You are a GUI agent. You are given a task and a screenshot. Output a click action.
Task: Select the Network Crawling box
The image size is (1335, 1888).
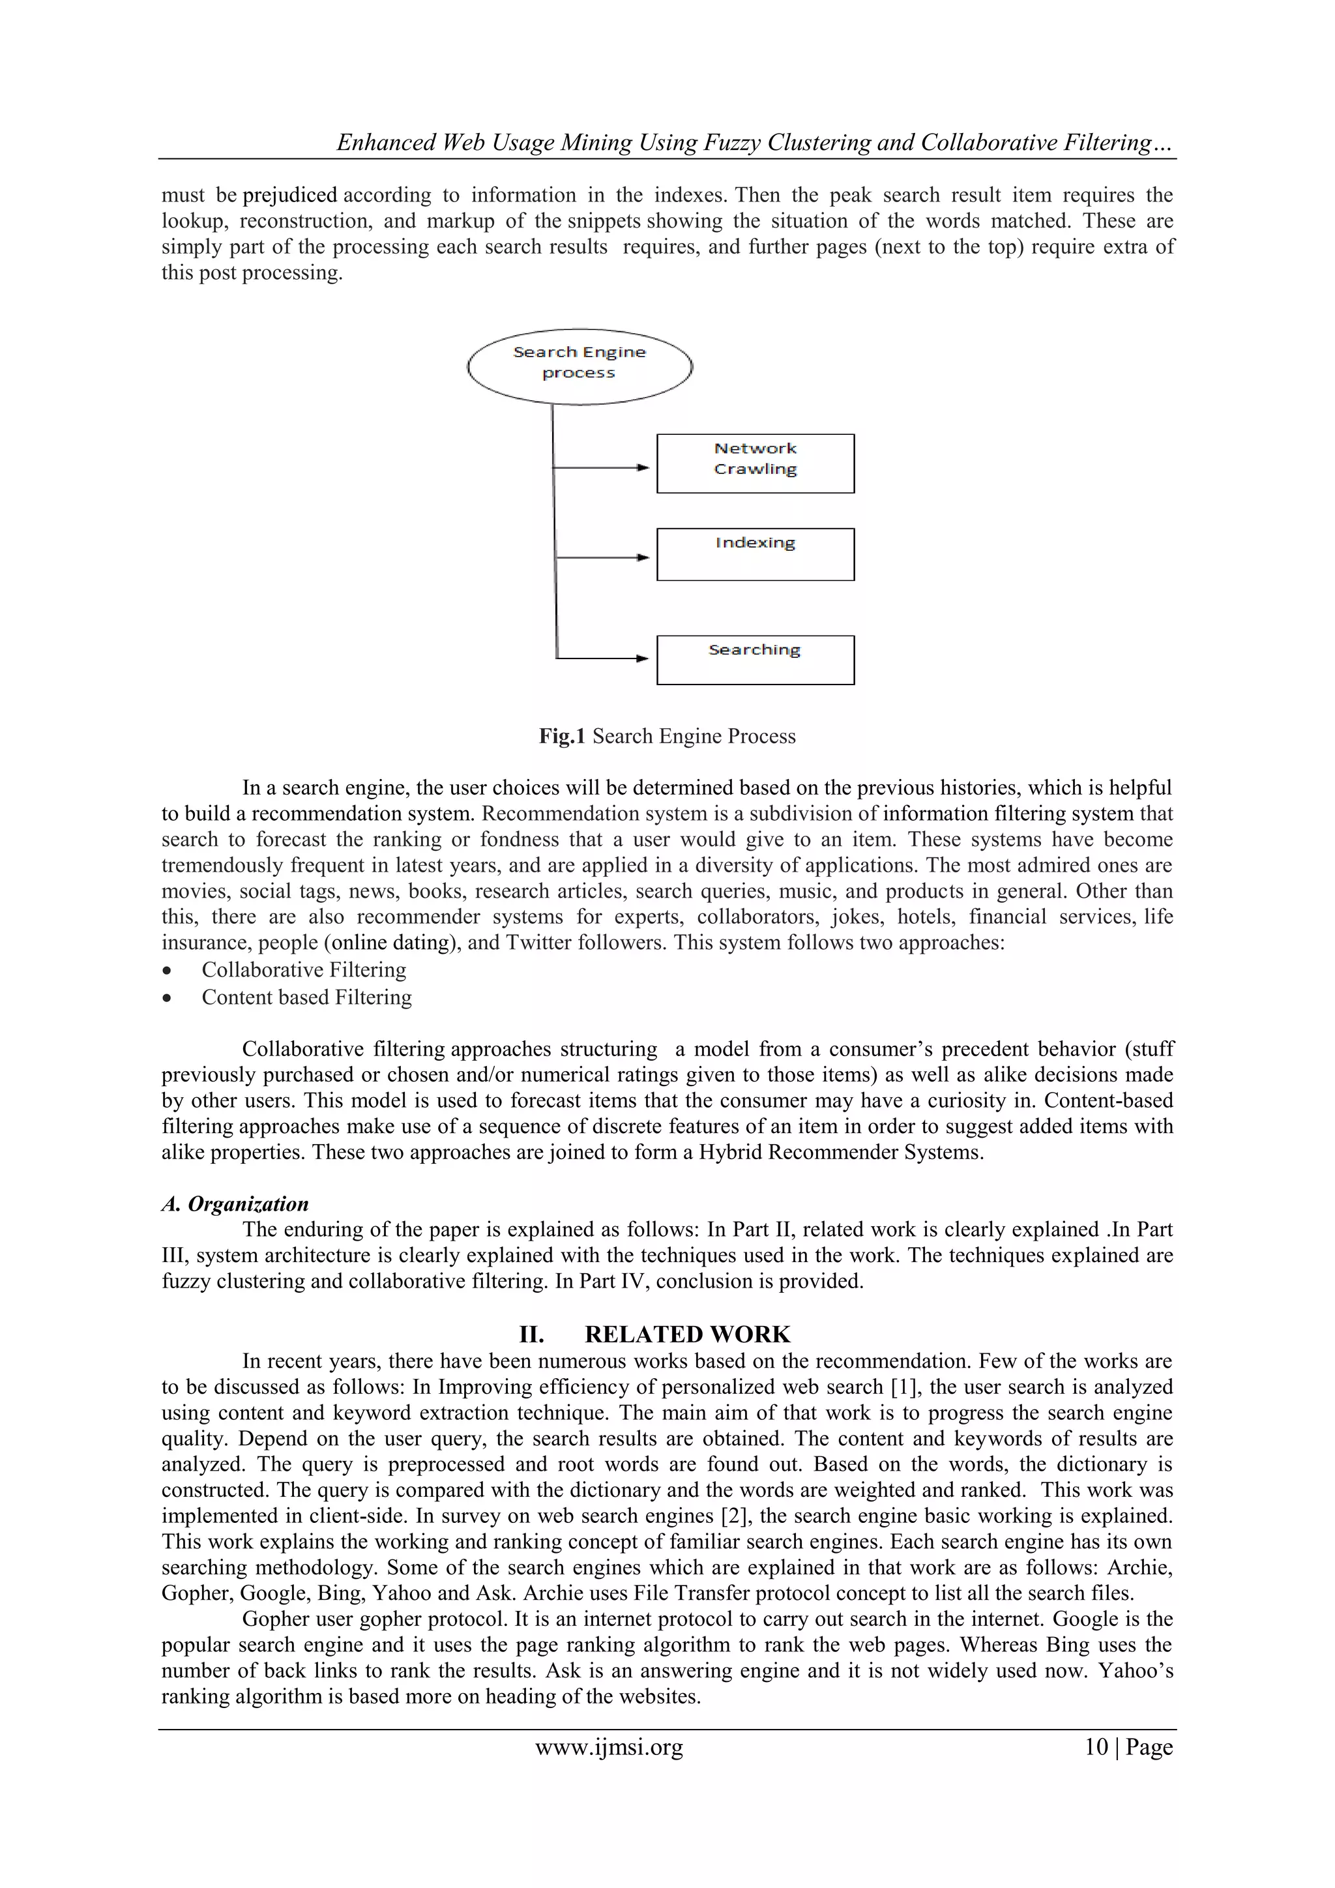point(755,464)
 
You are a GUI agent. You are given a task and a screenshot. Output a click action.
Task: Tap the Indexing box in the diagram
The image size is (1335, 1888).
point(755,554)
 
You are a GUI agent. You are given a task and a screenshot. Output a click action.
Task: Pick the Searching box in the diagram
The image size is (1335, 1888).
point(755,660)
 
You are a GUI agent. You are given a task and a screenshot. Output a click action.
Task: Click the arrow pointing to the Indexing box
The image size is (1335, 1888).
point(602,557)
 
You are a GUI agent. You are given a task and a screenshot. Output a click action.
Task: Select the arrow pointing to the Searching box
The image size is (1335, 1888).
point(602,658)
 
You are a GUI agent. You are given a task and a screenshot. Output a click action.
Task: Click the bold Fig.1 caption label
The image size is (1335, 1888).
point(561,736)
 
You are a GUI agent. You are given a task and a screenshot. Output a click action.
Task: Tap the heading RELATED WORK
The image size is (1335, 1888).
point(687,1334)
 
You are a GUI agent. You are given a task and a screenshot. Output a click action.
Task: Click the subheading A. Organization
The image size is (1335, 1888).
point(235,1204)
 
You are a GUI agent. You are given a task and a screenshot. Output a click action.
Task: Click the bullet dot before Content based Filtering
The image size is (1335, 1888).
point(168,998)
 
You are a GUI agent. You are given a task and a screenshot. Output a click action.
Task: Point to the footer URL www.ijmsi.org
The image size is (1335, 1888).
point(609,1747)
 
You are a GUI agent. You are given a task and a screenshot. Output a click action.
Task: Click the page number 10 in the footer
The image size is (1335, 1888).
point(1096,1747)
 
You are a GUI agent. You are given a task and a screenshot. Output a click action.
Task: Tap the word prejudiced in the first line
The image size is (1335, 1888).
point(289,195)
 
